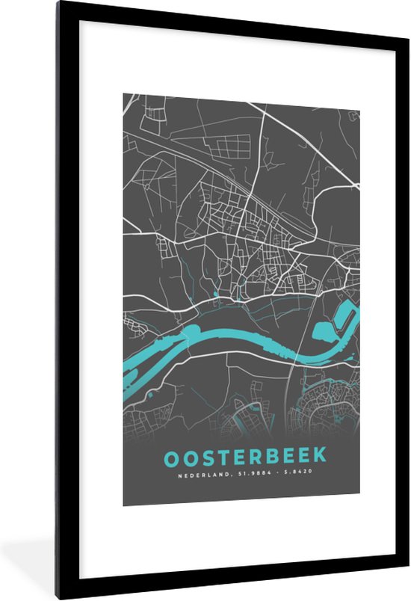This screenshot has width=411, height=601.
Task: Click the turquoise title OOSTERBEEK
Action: point(240,456)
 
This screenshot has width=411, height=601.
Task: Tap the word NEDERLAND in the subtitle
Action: point(197,473)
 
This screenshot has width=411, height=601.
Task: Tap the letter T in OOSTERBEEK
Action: point(223,456)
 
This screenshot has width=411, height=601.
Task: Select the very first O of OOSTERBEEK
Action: point(170,456)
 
